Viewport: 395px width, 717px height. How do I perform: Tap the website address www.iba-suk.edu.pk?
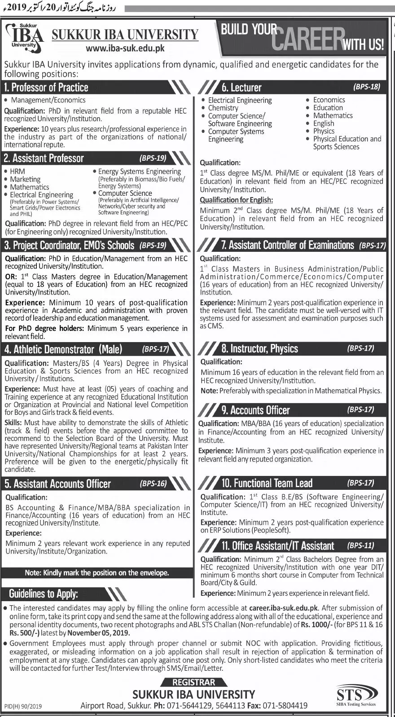pyautogui.click(x=125, y=49)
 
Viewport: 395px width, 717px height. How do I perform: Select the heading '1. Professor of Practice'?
pyautogui.click(x=46, y=87)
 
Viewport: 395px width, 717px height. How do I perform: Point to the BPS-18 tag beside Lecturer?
pyautogui.click(x=367, y=87)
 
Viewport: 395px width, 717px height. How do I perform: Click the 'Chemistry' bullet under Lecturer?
pyautogui.click(x=223, y=108)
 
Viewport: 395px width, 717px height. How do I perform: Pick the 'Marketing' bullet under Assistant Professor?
pyautogui.click(x=25, y=179)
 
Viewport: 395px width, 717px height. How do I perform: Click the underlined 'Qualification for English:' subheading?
pyautogui.click(x=236, y=200)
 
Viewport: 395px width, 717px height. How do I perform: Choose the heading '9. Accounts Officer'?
pyautogui.click(x=255, y=410)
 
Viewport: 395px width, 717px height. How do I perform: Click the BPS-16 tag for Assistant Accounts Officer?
pyautogui.click(x=153, y=484)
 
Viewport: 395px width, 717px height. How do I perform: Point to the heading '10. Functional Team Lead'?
pyautogui.click(x=267, y=483)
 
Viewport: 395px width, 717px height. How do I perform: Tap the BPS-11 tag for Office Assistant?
pyautogui.click(x=360, y=545)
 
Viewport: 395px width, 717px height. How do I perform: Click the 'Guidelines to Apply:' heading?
pyautogui.click(x=44, y=594)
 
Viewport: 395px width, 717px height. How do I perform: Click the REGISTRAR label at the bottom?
pyautogui.click(x=194, y=682)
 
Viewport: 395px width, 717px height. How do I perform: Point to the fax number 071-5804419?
pyautogui.click(x=285, y=706)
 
